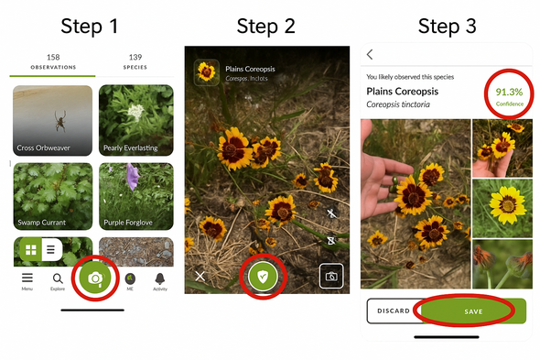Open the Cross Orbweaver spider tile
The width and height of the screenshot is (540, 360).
pyautogui.click(x=52, y=120)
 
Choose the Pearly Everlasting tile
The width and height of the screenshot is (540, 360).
pyautogui.click(x=135, y=120)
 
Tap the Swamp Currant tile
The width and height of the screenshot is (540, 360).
pyautogui.click(x=52, y=196)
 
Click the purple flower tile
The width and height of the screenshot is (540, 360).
pyautogui.click(x=135, y=196)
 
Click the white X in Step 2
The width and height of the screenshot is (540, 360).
pyautogui.click(x=200, y=275)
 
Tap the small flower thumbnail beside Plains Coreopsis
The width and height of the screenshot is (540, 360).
pyautogui.click(x=208, y=72)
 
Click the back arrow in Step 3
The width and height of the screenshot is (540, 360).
pyautogui.click(x=370, y=55)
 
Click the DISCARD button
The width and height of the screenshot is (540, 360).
pyautogui.click(x=393, y=311)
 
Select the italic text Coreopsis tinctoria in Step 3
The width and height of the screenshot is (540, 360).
pyautogui.click(x=399, y=106)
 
